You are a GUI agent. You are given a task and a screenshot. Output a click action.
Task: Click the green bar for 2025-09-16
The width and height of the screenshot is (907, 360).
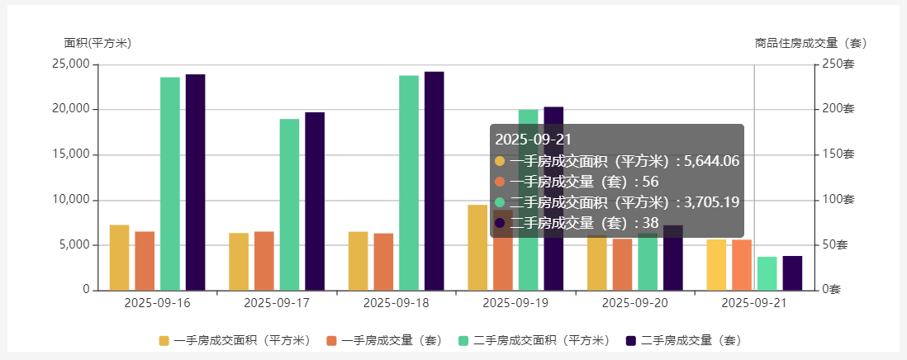point(170,183)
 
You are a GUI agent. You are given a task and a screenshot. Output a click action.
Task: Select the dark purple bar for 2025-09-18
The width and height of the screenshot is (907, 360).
point(434,181)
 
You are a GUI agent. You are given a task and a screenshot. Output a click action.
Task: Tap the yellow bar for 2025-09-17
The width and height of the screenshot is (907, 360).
point(239,262)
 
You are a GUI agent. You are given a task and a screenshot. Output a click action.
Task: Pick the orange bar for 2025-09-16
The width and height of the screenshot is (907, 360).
point(145,261)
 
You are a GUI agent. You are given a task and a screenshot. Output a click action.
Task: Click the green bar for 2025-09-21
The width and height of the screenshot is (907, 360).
point(767,273)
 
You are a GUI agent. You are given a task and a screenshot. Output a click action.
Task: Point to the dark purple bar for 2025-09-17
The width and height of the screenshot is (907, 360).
point(315,201)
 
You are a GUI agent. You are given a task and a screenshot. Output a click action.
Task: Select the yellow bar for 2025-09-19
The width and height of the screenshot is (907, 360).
point(477,248)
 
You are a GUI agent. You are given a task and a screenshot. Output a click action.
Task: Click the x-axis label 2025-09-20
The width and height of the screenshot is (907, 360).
point(635,303)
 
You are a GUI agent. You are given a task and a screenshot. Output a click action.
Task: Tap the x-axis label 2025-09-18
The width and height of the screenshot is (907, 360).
point(397,303)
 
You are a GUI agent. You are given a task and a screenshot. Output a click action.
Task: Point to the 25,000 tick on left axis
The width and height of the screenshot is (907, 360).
point(70,64)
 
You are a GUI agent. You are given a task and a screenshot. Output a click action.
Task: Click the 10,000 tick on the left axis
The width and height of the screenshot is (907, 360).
point(70,200)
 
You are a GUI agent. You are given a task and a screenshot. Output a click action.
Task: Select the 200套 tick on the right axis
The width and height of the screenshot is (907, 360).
point(838,109)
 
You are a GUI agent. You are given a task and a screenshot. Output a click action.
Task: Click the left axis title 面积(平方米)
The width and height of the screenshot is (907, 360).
point(97,43)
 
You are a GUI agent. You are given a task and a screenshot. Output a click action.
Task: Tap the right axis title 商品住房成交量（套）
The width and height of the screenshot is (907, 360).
point(811,43)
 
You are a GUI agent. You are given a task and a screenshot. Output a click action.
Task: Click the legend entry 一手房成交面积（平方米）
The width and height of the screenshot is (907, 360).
point(234,340)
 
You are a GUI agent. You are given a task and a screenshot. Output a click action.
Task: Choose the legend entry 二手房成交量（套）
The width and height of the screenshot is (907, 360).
point(683,340)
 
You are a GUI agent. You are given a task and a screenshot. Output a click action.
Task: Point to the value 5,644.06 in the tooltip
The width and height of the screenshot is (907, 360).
point(711,161)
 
